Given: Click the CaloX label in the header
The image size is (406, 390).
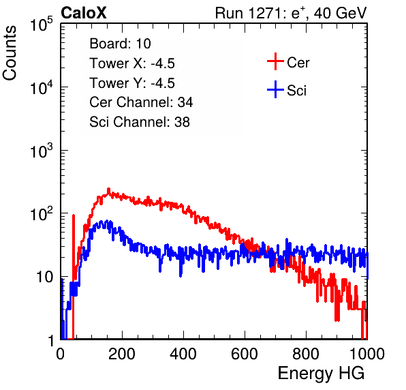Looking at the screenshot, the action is pos(84,13).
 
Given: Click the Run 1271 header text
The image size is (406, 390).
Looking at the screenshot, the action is pos(291,13).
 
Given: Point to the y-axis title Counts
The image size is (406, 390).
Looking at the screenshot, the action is pos(10,53).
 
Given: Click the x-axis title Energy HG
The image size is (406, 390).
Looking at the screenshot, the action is pos(321,373).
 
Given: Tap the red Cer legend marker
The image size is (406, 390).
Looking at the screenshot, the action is pos(275,61).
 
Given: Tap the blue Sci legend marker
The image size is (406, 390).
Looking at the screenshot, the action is pos(275,89).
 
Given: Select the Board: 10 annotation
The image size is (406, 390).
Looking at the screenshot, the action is pos(120,44).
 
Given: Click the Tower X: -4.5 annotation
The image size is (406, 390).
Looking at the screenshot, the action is pos(132,63).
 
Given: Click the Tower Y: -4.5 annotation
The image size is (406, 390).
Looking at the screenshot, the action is pos(132,83).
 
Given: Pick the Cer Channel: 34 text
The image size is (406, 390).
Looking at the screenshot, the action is pos(141,102).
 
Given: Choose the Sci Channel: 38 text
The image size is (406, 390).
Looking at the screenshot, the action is pos(140,122).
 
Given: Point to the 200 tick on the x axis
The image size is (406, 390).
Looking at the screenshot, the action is pos(122,354).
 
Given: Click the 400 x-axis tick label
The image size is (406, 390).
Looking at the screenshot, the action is pos(183,354).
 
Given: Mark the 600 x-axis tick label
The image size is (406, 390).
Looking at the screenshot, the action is pos(245,354).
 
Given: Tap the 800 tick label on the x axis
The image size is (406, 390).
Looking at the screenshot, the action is pos(306,354).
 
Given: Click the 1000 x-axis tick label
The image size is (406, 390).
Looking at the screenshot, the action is pos(367,354).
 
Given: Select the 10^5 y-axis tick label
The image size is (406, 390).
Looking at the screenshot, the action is pos(42,25).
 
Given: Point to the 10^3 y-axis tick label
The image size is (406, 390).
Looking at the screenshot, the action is pos(42,151).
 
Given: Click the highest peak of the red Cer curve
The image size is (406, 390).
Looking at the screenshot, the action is pos(108,189).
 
